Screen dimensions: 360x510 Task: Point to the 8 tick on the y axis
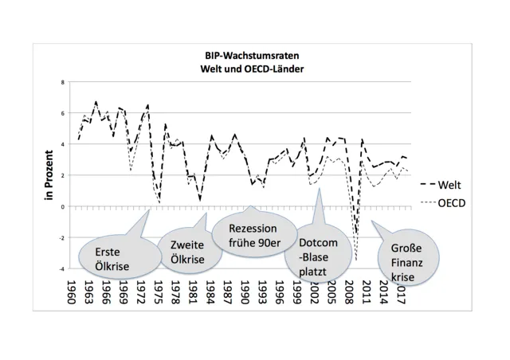64,82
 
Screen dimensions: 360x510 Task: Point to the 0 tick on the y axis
64,206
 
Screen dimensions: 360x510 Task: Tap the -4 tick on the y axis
62,269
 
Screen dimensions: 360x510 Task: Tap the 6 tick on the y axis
64,113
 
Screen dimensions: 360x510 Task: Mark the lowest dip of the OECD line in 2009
356,260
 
